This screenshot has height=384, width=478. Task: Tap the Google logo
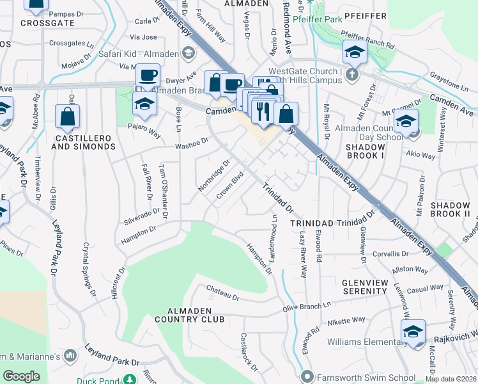21,376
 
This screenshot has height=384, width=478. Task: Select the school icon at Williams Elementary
413,332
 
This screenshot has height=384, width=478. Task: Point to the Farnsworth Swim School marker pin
308,376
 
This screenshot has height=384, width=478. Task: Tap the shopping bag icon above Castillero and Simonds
67,117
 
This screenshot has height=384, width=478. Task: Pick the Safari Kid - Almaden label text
137,53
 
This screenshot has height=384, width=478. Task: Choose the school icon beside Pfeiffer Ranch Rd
355,52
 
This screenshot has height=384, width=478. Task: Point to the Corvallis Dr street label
392,253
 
